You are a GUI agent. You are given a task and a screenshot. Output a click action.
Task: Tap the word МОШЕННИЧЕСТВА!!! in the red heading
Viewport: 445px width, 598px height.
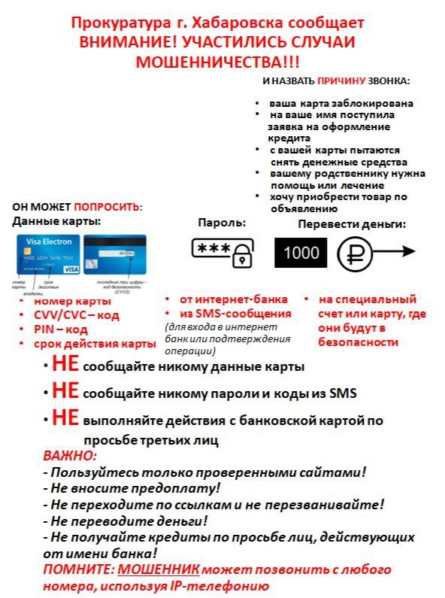(x=222, y=61)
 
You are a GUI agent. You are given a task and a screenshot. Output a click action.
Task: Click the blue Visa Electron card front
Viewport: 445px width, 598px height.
(x=47, y=255)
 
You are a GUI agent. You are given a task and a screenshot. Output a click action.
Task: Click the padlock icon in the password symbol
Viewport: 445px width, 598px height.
(x=240, y=258)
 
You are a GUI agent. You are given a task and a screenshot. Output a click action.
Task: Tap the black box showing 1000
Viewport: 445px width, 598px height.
(x=301, y=253)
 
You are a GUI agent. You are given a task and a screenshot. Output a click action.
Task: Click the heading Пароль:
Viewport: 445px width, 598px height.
(x=222, y=223)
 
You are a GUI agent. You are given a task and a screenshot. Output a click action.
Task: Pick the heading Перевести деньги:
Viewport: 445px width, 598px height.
(x=352, y=224)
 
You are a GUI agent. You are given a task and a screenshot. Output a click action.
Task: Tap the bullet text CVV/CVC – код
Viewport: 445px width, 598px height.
(x=77, y=315)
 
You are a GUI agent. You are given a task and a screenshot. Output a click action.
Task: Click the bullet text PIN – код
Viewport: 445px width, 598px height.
(x=61, y=329)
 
